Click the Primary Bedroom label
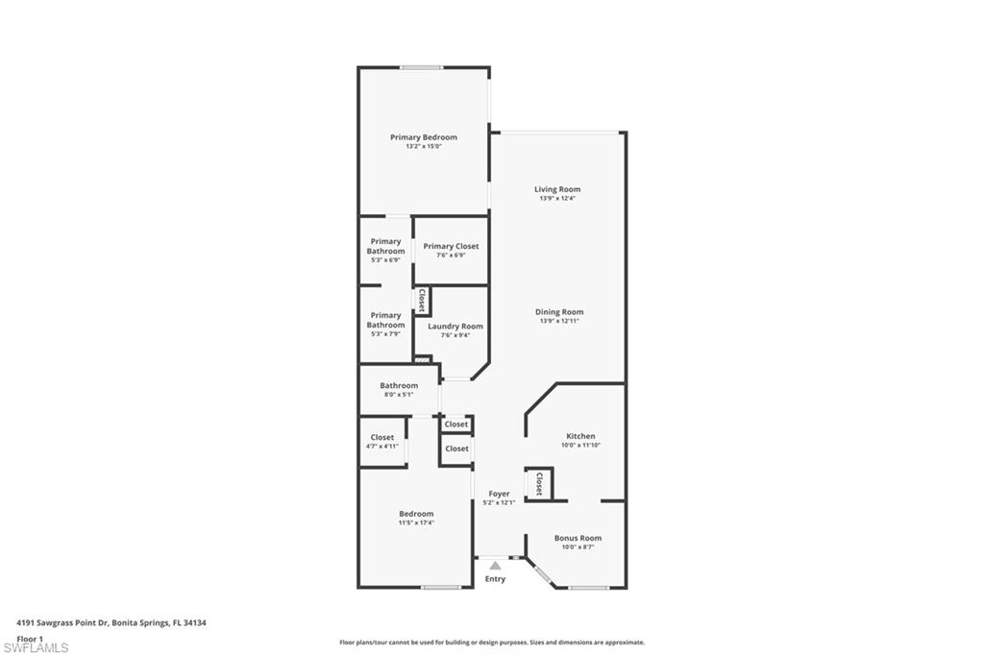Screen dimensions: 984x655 [424, 137]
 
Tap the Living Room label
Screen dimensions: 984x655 [557, 189]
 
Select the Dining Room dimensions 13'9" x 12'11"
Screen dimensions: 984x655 [559, 321]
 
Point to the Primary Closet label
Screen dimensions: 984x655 [451, 247]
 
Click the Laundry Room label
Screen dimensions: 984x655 [455, 327]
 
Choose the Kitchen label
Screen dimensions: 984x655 [580, 436]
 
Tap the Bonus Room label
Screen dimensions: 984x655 [578, 538]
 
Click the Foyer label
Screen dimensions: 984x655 [499, 494]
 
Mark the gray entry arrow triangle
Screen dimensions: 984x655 [495, 566]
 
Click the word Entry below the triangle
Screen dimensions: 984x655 [495, 579]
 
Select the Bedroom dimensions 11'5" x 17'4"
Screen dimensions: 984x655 [416, 522]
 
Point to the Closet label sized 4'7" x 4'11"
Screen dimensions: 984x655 [382, 437]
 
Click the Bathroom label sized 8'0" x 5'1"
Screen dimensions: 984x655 [399, 386]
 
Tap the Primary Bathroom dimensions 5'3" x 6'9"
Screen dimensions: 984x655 [385, 259]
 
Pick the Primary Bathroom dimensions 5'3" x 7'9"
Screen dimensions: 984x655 [385, 334]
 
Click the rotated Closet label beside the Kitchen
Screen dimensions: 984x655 [539, 484]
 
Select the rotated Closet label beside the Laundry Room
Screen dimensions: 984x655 [422, 301]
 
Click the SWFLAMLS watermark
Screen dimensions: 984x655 [36, 647]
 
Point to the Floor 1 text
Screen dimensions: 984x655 [30, 640]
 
